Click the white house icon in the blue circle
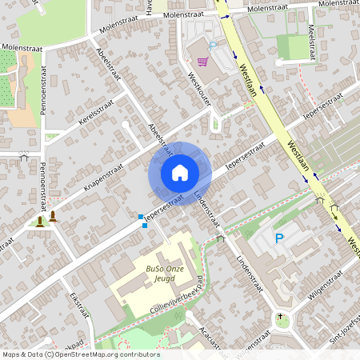click(180, 173)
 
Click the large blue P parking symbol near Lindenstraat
click(279, 238)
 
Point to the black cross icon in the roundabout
click(280, 317)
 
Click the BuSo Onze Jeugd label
click(165, 274)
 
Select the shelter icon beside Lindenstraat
click(221, 238)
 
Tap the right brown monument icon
click(54, 216)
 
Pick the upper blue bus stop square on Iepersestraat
click(140, 217)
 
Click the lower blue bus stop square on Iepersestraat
click(145, 226)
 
